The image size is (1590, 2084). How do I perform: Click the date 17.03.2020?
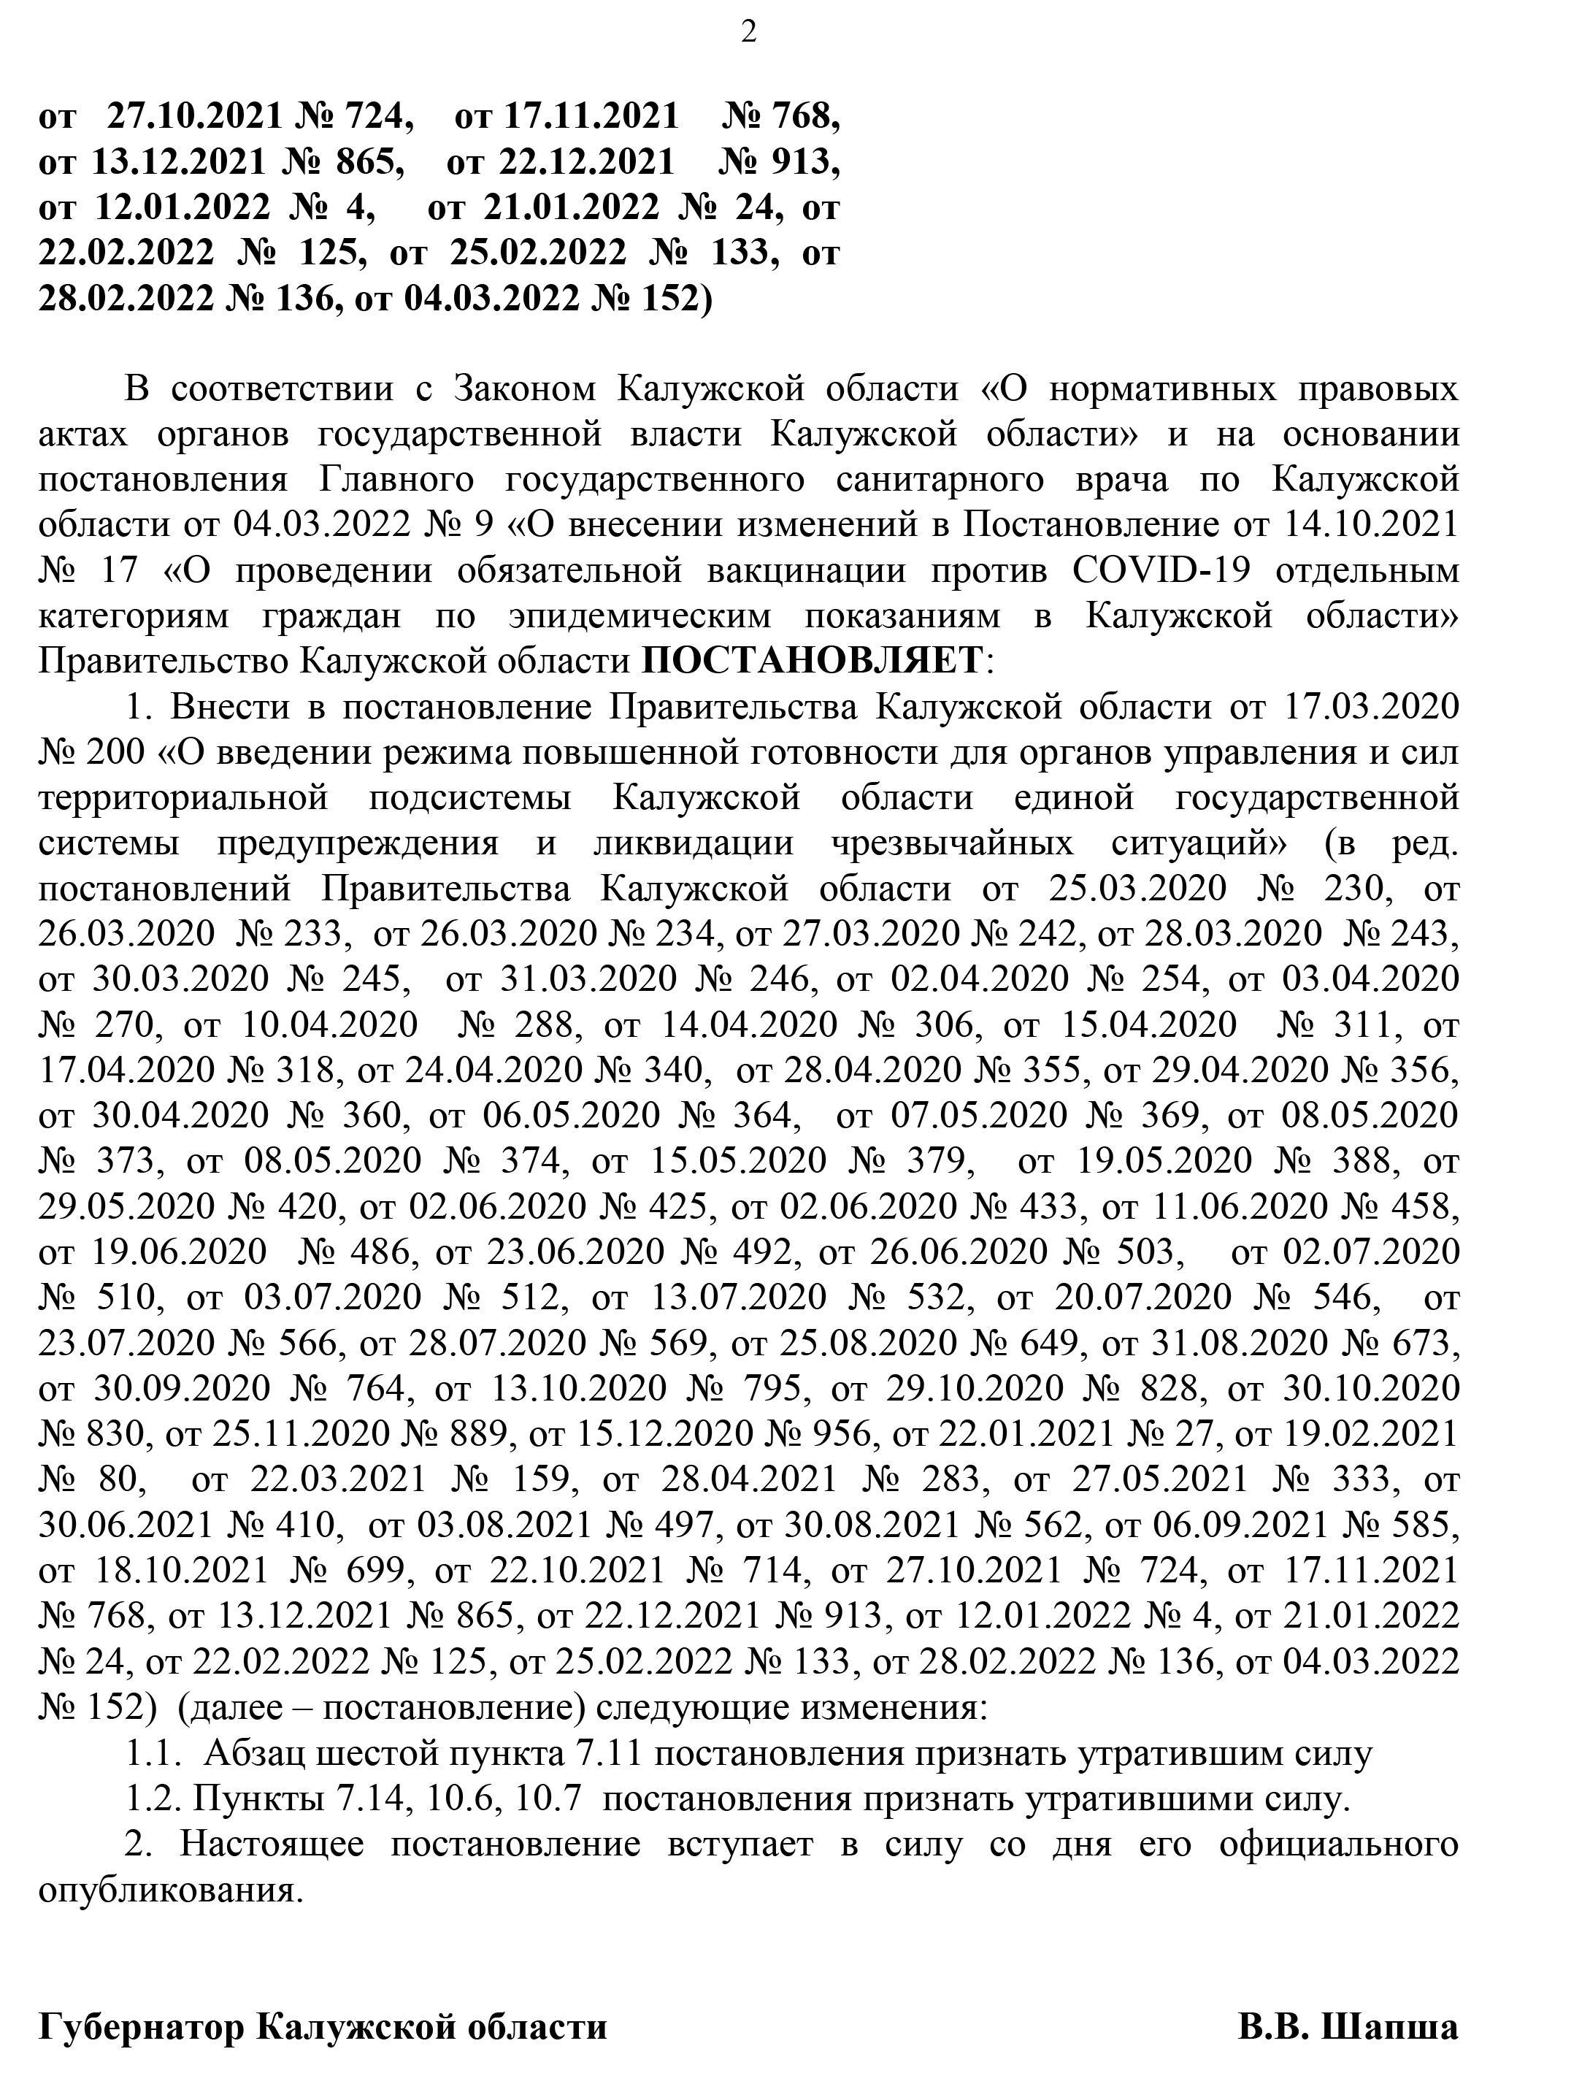pos(1372,707)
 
